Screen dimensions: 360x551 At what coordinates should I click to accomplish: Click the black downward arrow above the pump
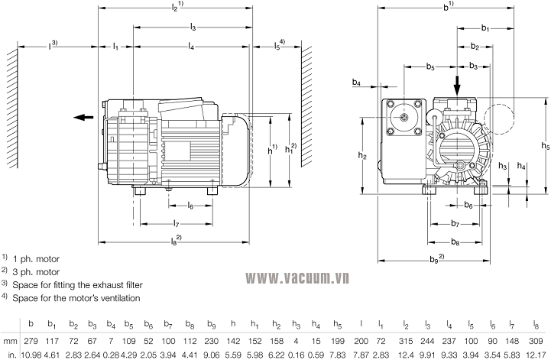coord(457,82)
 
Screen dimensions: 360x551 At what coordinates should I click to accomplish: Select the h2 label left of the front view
coord(363,155)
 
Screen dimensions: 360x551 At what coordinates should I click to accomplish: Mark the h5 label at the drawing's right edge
coord(544,145)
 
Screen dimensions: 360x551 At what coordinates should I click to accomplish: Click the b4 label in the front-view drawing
coord(357,82)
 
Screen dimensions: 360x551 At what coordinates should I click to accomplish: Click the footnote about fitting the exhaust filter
coord(76,284)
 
